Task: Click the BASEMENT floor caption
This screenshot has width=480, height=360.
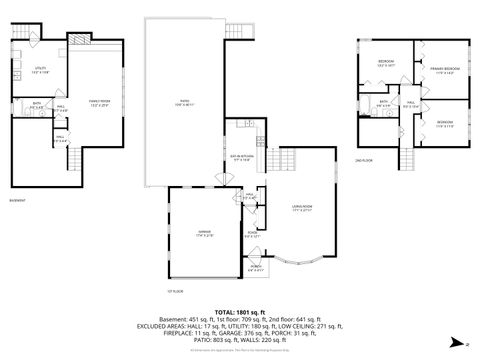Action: [18, 200]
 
